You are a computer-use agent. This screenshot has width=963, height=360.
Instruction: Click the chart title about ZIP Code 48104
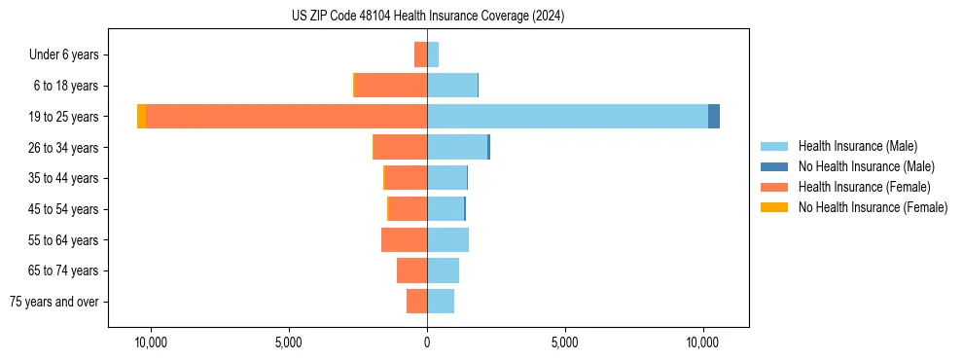tap(427, 17)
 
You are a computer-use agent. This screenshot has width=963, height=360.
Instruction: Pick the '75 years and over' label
tap(54, 302)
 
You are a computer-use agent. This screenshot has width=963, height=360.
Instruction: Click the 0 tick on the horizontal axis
tap(427, 342)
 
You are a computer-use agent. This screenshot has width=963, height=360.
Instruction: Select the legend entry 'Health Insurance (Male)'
tap(857, 146)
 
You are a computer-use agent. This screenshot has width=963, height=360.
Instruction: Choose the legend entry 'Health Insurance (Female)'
tap(864, 187)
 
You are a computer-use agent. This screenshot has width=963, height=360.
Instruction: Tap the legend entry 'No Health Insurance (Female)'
tap(873, 207)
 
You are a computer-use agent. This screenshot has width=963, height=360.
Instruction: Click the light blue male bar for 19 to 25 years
tap(567, 117)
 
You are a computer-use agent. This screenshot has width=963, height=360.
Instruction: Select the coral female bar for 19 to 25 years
tap(287, 117)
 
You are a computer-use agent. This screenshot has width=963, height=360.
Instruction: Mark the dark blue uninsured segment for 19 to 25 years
tap(714, 117)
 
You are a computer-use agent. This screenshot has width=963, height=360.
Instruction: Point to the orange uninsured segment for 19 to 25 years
tap(142, 117)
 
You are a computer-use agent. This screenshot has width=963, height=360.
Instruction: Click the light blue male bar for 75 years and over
tap(441, 302)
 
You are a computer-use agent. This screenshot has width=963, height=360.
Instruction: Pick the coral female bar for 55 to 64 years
tap(405, 240)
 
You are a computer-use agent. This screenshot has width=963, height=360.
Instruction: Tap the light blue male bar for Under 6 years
tap(433, 54)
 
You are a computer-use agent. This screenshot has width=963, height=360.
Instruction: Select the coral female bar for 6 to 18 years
tap(391, 86)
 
